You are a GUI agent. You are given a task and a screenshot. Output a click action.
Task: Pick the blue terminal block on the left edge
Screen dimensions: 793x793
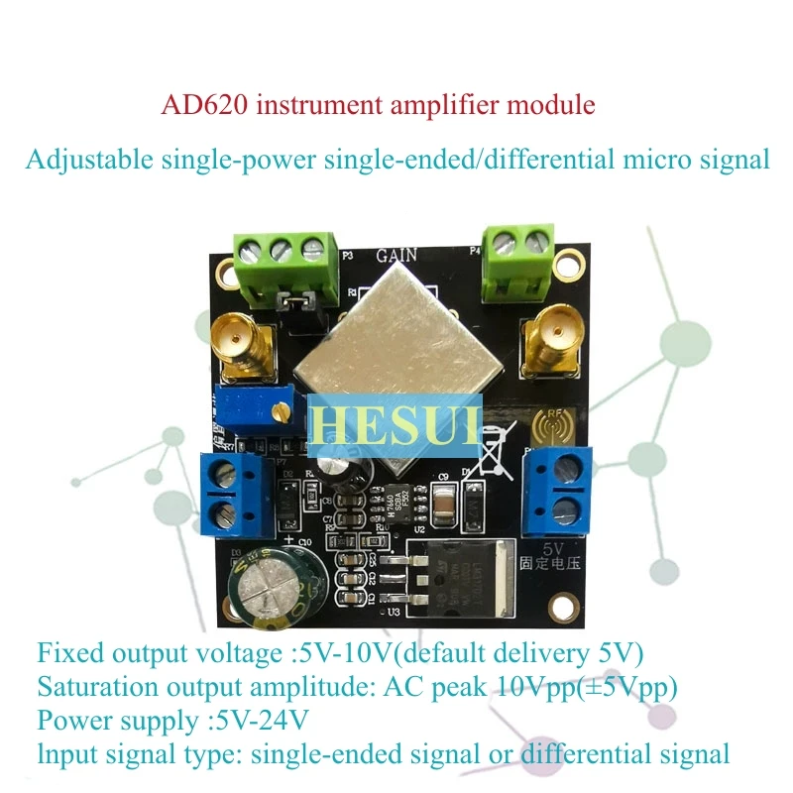click(x=236, y=495)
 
